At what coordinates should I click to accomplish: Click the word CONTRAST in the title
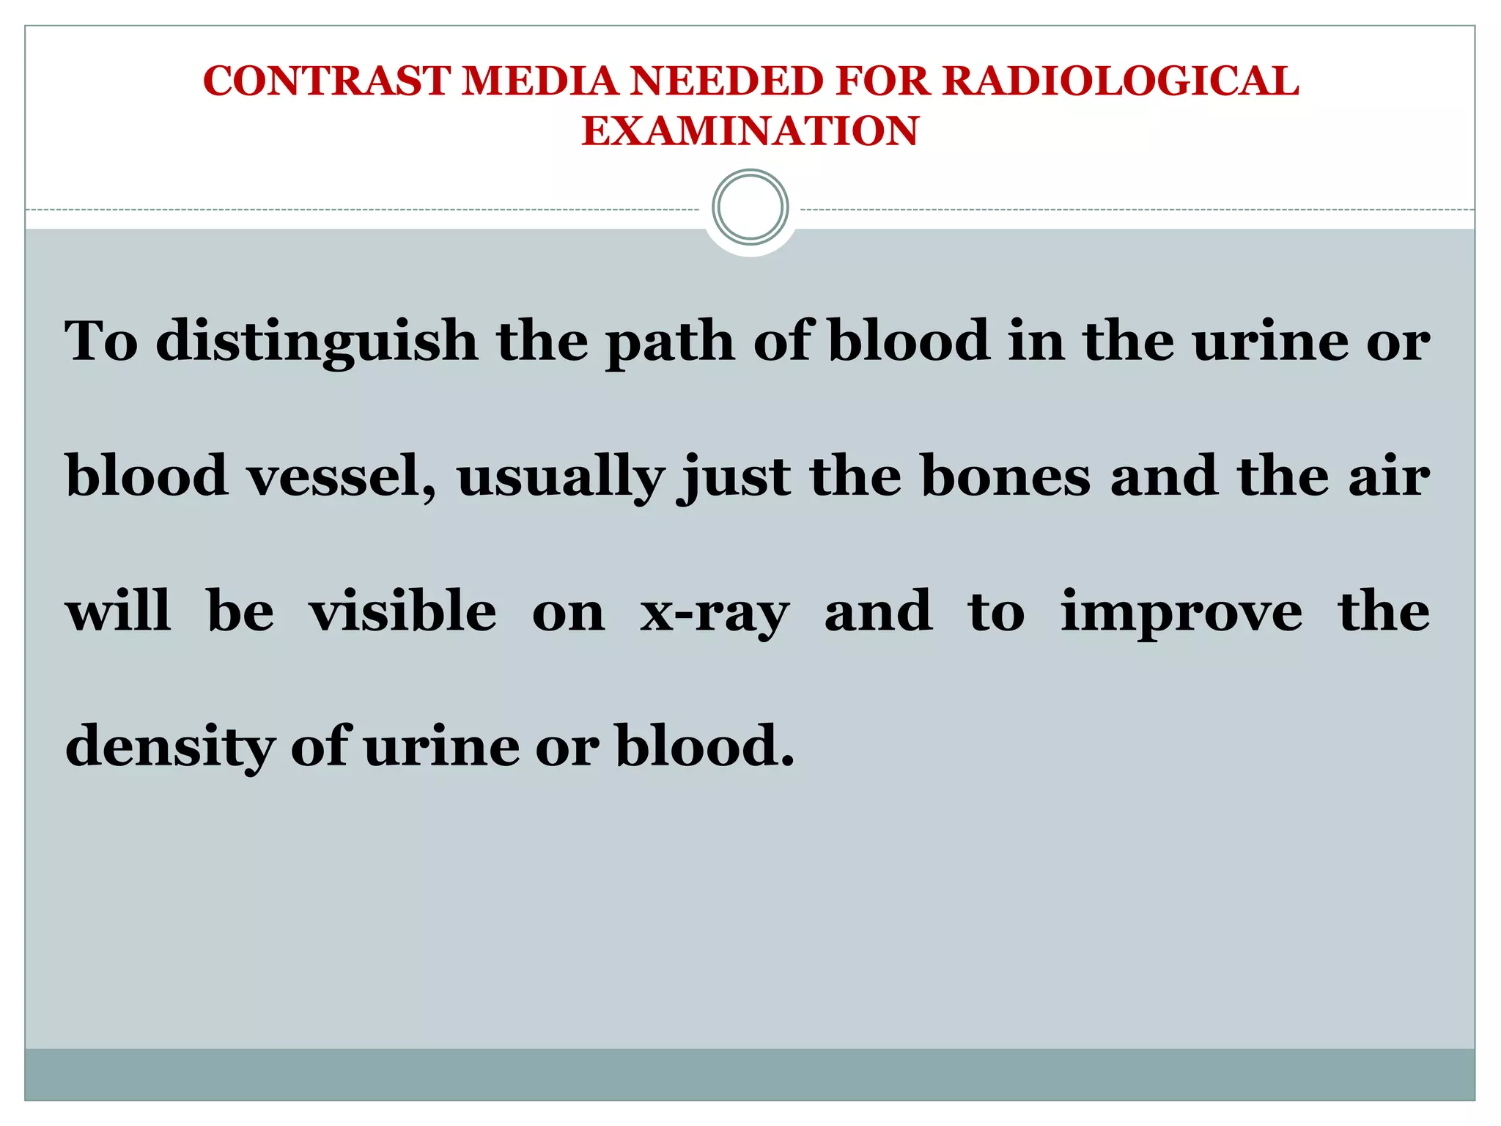click(325, 81)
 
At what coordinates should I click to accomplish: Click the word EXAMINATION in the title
click(750, 131)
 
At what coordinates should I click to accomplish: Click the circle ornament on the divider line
click(750, 207)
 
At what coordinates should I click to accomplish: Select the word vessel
click(342, 476)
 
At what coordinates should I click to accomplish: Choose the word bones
click(1006, 476)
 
